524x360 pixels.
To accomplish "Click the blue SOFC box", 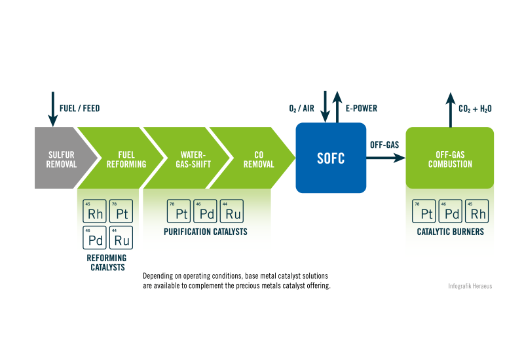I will pos(330,158).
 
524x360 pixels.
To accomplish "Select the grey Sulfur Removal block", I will pos(58,158).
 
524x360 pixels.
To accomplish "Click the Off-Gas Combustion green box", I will pos(449,158).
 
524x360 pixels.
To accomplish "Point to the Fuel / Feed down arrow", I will pos(52,109).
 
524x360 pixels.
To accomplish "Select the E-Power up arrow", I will pos(337,107).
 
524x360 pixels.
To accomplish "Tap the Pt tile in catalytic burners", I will pos(424,211).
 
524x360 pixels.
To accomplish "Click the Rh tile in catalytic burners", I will pos(477,211).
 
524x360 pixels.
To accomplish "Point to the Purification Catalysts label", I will pos(205,232).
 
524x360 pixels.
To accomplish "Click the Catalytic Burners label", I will pos(449,232).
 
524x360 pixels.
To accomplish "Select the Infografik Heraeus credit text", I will pos(469,286).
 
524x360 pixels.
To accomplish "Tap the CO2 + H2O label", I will pos(476,109).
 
